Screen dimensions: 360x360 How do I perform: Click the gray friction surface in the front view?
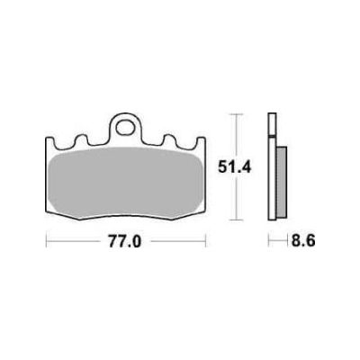pos(127,180)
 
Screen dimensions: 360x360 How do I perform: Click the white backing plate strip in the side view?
pos(272,171)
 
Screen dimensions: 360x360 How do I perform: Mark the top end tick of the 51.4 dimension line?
pos(237,115)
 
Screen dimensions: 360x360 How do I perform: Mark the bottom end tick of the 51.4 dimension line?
pos(237,220)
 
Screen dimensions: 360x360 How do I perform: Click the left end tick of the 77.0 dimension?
pos(47,242)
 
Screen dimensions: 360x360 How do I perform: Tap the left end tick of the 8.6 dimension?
pos(268,242)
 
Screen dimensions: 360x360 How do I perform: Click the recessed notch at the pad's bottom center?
pos(127,219)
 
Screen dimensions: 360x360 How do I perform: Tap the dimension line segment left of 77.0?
pos(76,242)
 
